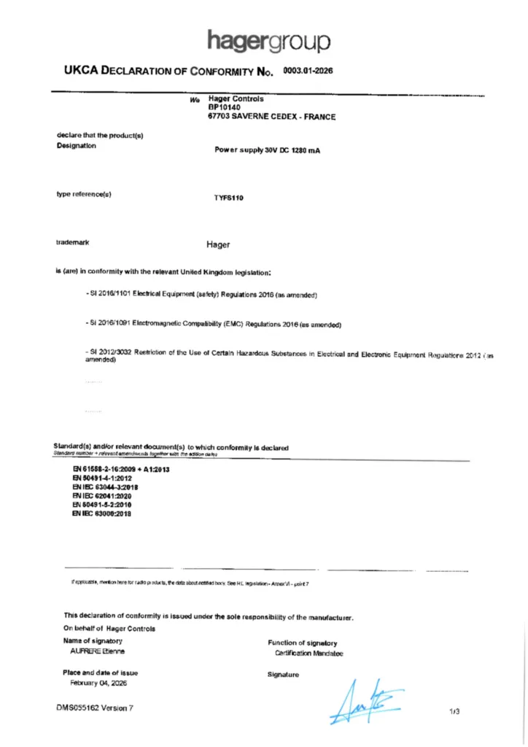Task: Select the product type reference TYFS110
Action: [x=228, y=197]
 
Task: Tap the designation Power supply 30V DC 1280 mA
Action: [x=268, y=150]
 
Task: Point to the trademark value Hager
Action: [x=219, y=244]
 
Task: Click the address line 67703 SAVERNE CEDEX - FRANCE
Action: [x=272, y=117]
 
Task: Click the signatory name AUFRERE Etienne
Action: [x=96, y=651]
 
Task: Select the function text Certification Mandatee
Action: [x=304, y=653]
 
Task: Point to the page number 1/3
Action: [x=455, y=710]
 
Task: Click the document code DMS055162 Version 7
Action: [x=95, y=708]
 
